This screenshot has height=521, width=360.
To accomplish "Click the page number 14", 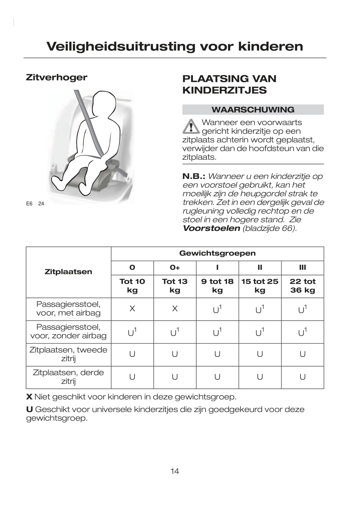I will pyautogui.click(x=175, y=471).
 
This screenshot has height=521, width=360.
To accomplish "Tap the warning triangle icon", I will pyautogui.click(x=190, y=126).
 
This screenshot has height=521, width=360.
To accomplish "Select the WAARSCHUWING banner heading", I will pyautogui.click(x=253, y=110).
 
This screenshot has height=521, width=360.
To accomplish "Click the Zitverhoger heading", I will pyautogui.click(x=56, y=77).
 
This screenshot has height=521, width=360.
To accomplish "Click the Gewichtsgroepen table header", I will pyautogui.click(x=217, y=253).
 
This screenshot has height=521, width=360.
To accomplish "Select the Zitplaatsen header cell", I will pyautogui.click(x=68, y=272).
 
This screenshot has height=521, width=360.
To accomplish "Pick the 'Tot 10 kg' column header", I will pyautogui.click(x=132, y=286).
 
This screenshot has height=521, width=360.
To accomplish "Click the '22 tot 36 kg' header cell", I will pyautogui.click(x=302, y=286).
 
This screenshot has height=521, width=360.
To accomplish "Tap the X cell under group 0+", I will pyautogui.click(x=175, y=309).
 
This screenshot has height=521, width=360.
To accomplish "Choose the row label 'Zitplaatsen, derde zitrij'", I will pyautogui.click(x=68, y=377).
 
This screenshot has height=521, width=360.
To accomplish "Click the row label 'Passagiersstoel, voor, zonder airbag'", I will pyautogui.click(x=68, y=331).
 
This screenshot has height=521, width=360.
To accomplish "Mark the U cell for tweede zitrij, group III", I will pyautogui.click(x=302, y=354).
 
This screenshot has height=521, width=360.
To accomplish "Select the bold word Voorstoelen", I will pyautogui.click(x=211, y=228).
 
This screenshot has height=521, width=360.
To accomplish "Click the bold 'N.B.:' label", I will pyautogui.click(x=194, y=176).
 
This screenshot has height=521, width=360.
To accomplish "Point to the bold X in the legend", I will pyautogui.click(x=29, y=397).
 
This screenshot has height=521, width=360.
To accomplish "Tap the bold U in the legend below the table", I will pyautogui.click(x=29, y=409).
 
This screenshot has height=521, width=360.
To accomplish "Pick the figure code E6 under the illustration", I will pyautogui.click(x=29, y=203).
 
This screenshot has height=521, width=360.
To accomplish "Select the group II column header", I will pyautogui.click(x=260, y=267).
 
